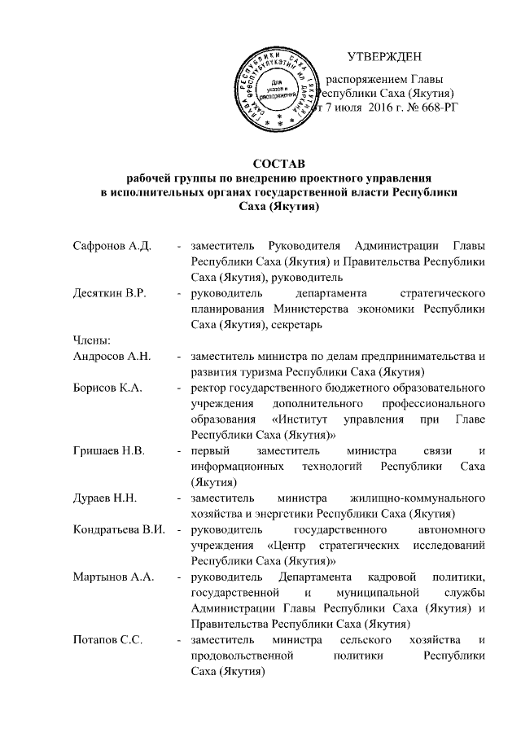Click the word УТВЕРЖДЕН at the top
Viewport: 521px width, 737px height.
tap(384, 57)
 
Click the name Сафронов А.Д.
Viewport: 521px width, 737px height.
tap(107, 247)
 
